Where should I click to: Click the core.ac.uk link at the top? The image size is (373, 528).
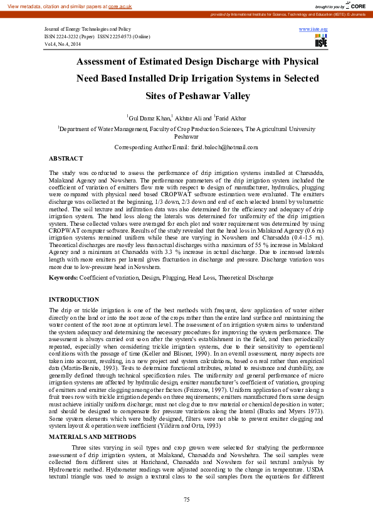[120, 6]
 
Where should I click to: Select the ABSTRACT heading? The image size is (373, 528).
[66, 159]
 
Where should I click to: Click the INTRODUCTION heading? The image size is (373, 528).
[74, 300]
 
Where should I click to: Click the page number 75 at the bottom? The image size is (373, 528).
[186, 499]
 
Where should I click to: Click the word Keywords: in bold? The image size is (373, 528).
[63, 277]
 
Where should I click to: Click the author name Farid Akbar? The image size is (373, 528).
[231, 117]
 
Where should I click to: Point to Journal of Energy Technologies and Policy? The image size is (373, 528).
[87, 29]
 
